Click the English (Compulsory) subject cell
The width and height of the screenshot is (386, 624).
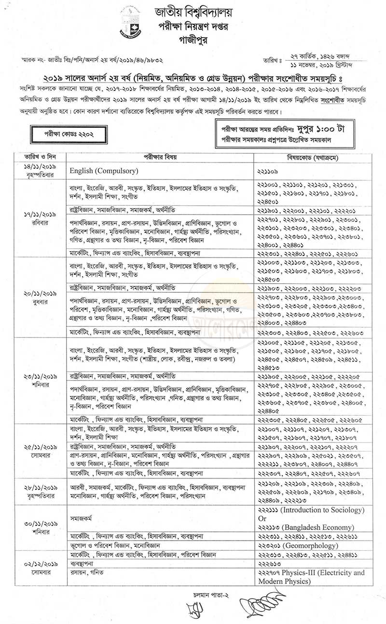click(x=104, y=170)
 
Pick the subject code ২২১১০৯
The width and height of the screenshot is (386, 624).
click(x=272, y=171)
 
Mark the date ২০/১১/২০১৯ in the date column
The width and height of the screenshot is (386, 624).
click(x=36, y=293)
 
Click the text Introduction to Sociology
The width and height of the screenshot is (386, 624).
click(x=326, y=510)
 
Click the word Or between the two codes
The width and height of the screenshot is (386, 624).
click(x=263, y=518)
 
